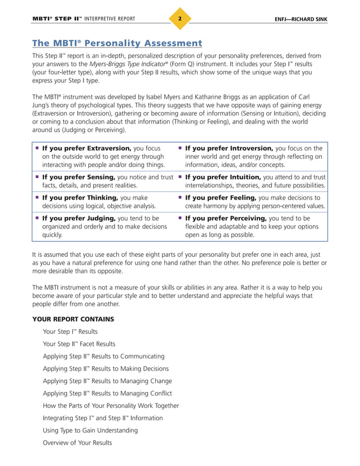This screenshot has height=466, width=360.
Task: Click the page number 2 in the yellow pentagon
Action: (x=179, y=19)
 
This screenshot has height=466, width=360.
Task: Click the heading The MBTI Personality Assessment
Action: (x=117, y=43)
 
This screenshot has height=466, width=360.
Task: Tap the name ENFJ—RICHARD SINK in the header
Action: (x=300, y=20)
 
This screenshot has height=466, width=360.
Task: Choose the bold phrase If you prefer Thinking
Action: (x=80, y=197)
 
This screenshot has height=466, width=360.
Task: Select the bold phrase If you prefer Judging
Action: (x=78, y=218)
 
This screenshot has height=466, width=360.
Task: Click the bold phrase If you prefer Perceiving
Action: (x=226, y=218)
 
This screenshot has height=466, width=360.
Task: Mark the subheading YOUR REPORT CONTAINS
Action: (x=73, y=319)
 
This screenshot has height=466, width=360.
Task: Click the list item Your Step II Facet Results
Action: (x=79, y=344)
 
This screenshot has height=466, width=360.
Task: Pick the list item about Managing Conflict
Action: (x=107, y=393)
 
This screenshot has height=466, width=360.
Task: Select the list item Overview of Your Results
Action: (x=77, y=443)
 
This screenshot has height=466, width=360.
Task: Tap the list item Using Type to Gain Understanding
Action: (x=90, y=430)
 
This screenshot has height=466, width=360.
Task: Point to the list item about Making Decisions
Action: (x=106, y=369)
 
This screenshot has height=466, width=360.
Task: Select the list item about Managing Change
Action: (x=107, y=381)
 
